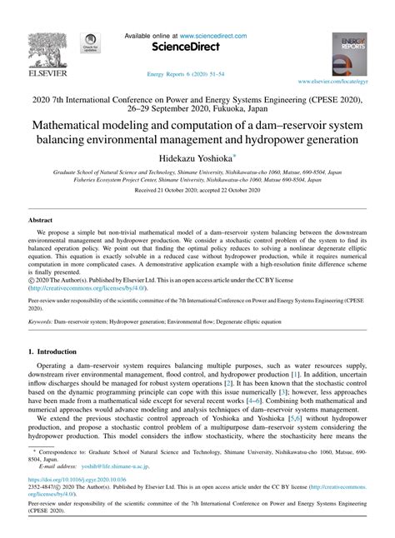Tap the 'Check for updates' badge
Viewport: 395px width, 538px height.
(x=87, y=45)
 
